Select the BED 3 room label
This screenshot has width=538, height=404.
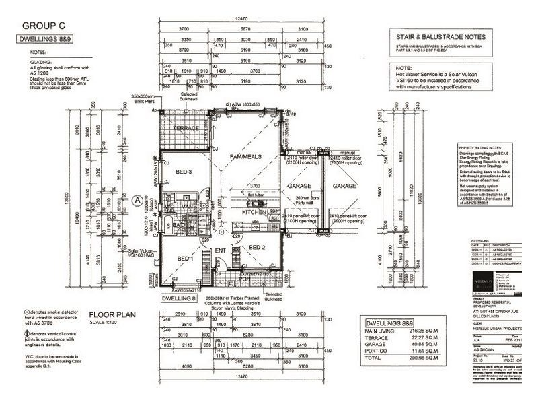pos(184,173)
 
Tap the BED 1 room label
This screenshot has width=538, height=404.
pos(184,258)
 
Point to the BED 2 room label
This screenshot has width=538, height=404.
pos(258,248)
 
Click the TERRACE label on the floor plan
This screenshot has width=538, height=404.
pos(186,128)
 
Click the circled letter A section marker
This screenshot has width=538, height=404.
pos(137,199)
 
